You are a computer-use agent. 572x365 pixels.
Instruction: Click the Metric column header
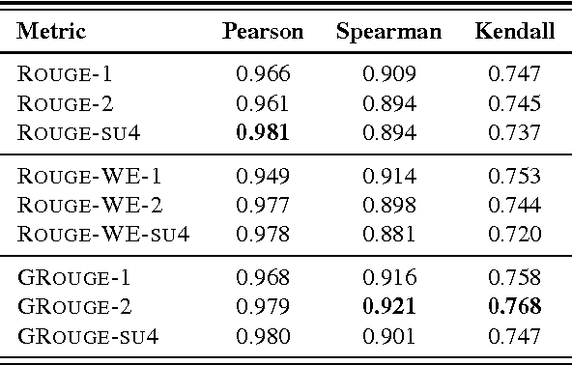click(51, 31)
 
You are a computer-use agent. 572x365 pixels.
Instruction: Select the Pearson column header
click(263, 31)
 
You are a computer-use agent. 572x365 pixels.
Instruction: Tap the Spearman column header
click(388, 31)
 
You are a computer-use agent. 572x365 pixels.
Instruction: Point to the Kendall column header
click(515, 31)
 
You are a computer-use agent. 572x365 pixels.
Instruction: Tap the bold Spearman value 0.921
click(389, 307)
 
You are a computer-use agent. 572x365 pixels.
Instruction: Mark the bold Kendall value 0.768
click(515, 307)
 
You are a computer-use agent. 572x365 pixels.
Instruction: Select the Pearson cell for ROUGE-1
click(263, 72)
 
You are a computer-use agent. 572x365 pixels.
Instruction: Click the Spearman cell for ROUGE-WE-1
click(389, 176)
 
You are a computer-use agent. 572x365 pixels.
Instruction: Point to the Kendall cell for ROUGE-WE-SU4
click(515, 232)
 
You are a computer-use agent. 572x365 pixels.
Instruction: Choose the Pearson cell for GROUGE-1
click(263, 279)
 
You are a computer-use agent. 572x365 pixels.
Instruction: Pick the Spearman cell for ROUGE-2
click(389, 100)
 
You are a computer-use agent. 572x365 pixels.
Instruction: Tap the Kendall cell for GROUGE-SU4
click(515, 335)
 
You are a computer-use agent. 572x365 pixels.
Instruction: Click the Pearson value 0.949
click(263, 176)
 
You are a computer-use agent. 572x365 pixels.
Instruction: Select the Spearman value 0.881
click(389, 232)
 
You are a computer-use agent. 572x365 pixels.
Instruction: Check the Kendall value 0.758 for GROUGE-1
click(515, 279)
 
